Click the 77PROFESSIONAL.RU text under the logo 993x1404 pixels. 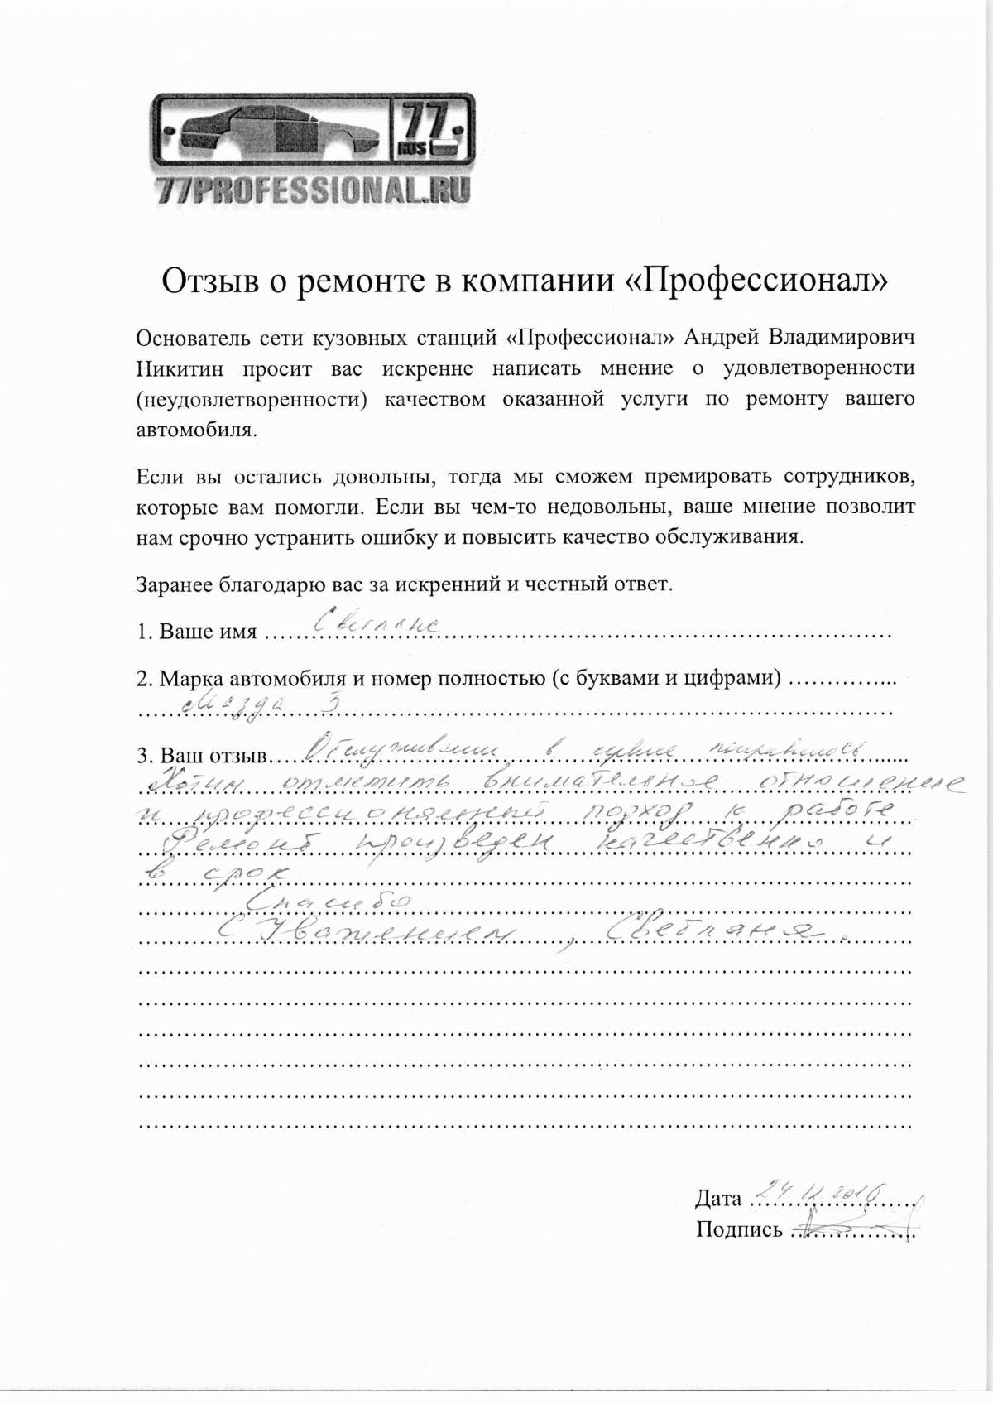(x=313, y=190)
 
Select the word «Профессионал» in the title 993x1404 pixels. (x=754, y=281)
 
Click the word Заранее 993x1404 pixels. (x=174, y=584)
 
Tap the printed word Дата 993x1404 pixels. (x=717, y=1198)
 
